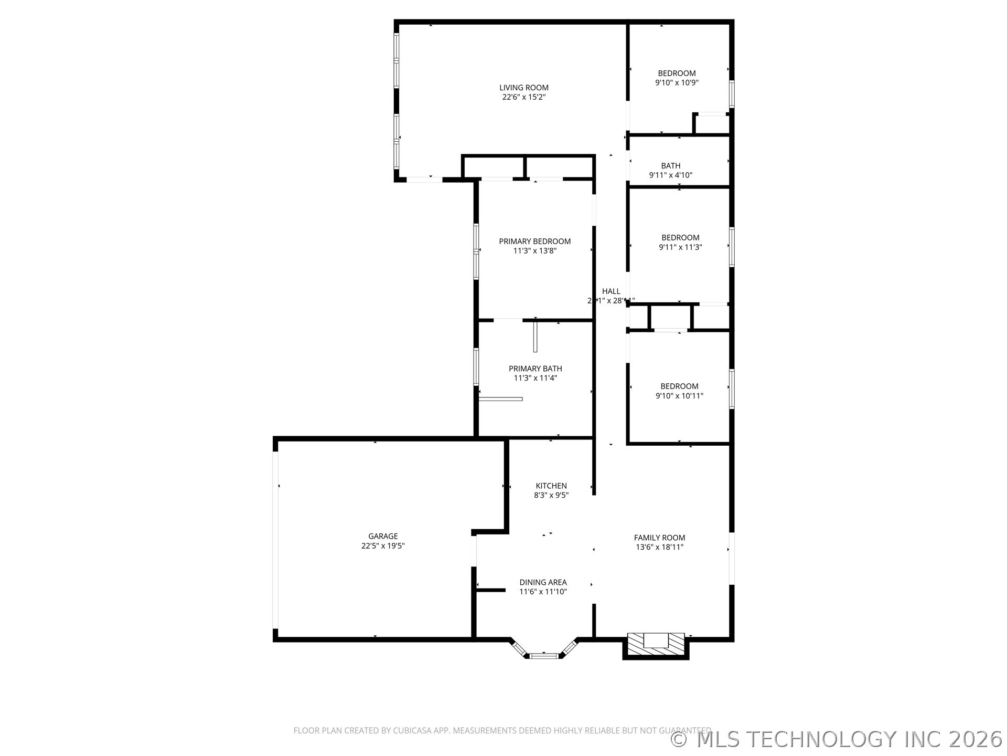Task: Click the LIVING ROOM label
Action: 523,88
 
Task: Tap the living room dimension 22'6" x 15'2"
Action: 523,97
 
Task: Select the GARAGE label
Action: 383,536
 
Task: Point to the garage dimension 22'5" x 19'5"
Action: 383,545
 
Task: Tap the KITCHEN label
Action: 551,486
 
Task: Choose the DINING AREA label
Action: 543,582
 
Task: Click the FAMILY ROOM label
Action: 659,538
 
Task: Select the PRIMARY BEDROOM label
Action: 534,241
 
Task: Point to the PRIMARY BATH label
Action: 535,369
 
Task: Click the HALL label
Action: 611,291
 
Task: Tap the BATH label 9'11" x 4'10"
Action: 670,166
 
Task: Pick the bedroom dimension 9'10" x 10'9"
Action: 677,83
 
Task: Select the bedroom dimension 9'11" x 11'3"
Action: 680,247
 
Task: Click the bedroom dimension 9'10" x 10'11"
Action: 679,396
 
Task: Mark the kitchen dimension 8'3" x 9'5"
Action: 551,495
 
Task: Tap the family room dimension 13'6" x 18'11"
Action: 659,547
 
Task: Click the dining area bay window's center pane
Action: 543,655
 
